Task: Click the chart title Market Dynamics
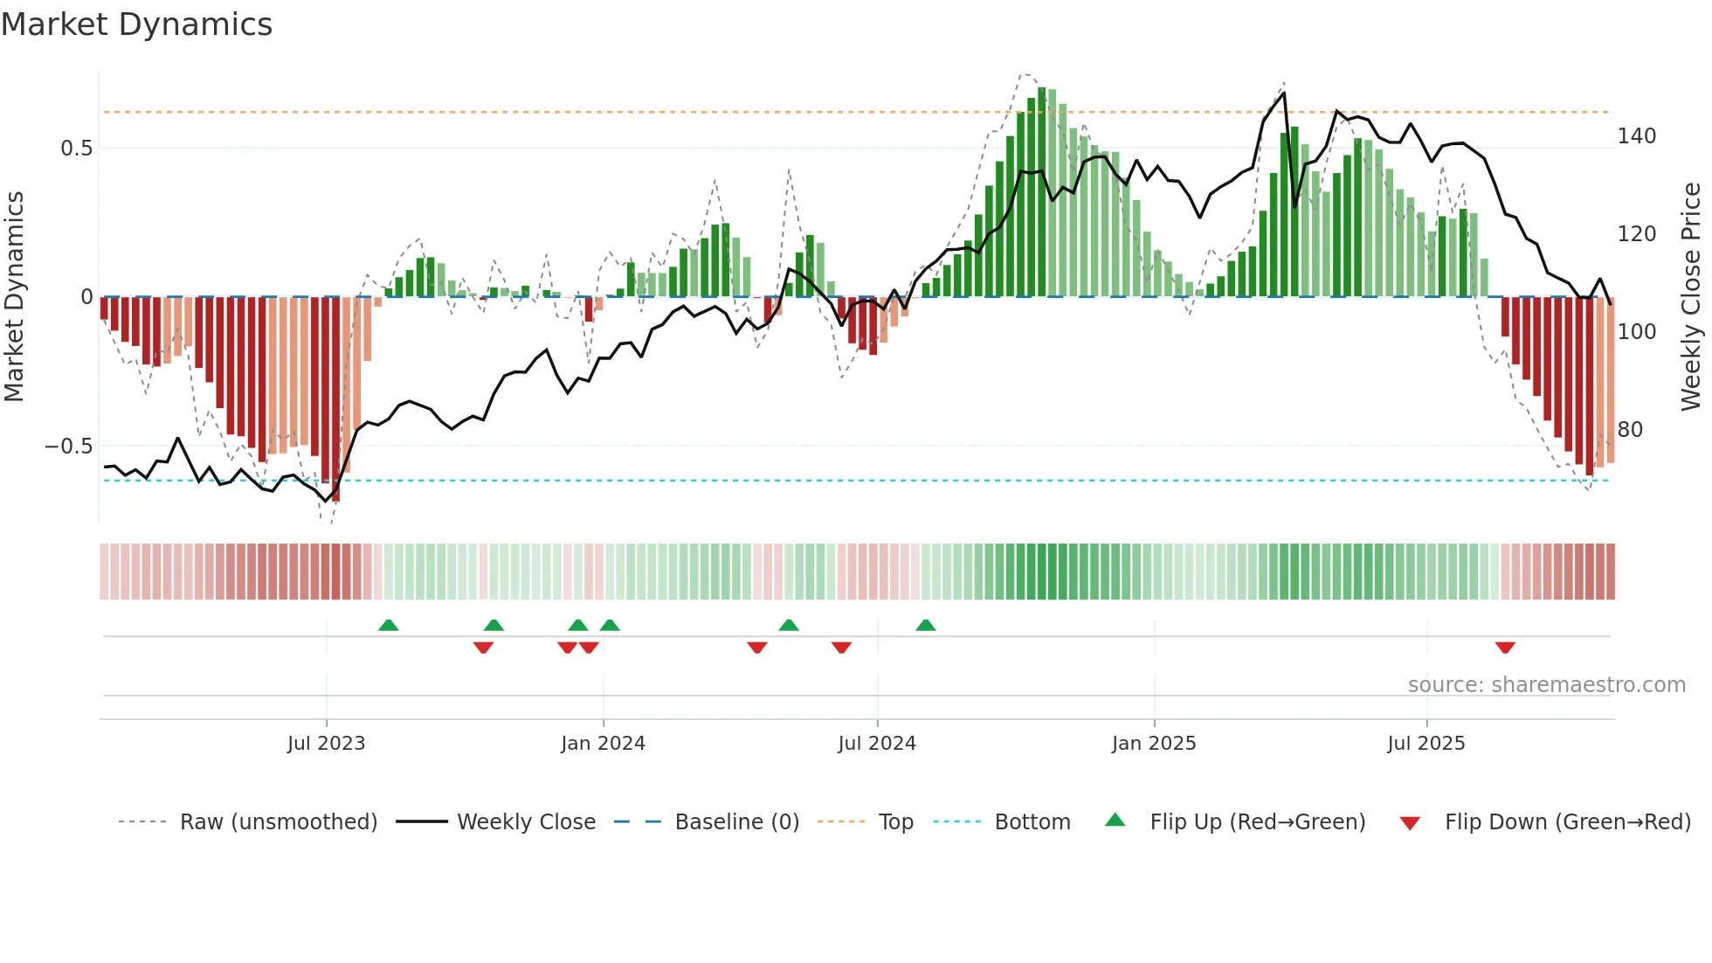(136, 24)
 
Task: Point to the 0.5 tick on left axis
(77, 149)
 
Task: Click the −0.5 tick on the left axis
(69, 447)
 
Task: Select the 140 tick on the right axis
(1636, 136)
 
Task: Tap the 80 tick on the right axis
(1630, 430)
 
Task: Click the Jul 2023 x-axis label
(326, 744)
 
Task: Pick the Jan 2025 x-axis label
(1153, 744)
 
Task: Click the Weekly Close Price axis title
(1691, 296)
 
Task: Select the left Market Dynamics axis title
(15, 296)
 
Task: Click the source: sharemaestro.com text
(1546, 685)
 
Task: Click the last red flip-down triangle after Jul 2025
(1504, 648)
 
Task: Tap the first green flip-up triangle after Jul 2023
(389, 625)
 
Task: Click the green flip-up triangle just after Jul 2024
(926, 625)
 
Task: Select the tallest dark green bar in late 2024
(1041, 192)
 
